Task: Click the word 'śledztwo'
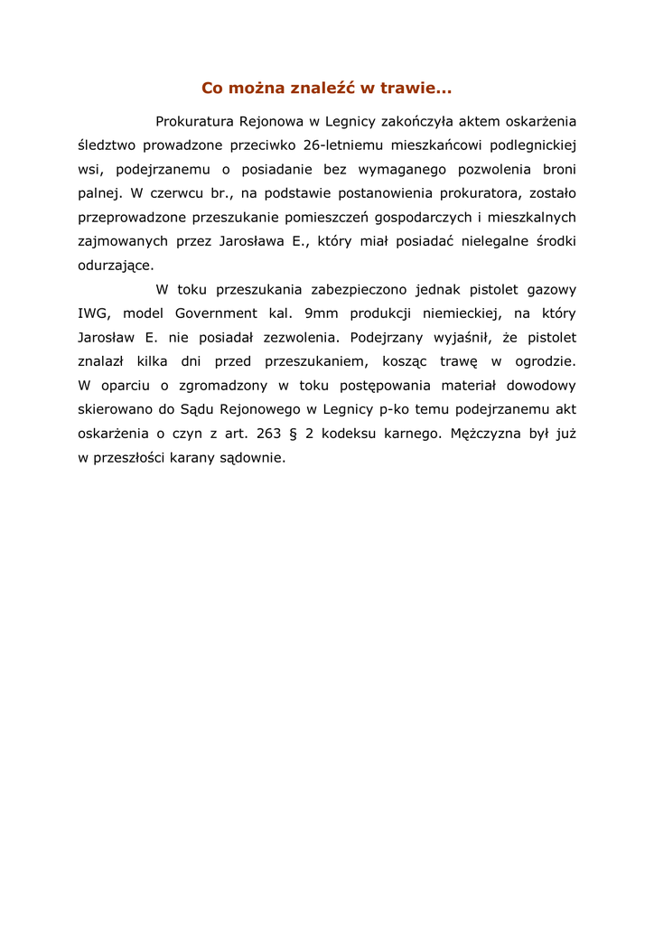pos(107,145)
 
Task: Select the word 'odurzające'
pos(115,266)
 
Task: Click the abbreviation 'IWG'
pos(93,313)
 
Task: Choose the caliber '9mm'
pos(315,313)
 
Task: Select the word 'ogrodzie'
pos(546,361)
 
